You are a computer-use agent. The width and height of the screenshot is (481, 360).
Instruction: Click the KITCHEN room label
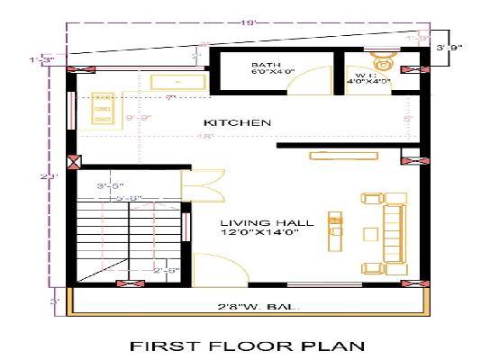pos(237,122)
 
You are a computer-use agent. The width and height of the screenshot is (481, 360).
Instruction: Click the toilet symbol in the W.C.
pos(383,62)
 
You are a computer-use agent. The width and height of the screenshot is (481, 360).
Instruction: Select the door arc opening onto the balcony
pos(213,268)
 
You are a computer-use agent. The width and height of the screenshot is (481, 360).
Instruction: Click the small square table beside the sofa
pos(369,233)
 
